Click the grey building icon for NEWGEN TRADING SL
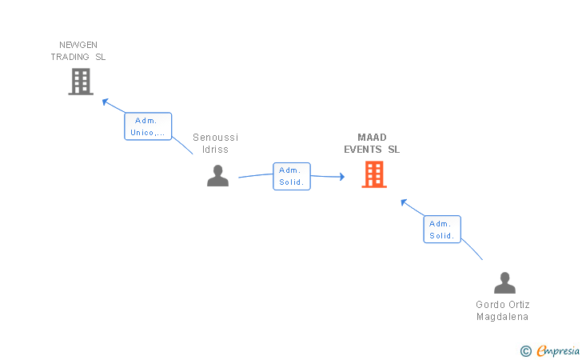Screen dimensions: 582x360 [x=81, y=82]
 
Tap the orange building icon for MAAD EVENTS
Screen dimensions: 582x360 [x=374, y=174]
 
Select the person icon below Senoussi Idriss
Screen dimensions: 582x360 [x=218, y=176]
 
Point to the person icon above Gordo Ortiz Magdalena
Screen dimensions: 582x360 [x=504, y=282]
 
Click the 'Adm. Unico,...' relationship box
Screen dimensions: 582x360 [x=148, y=126]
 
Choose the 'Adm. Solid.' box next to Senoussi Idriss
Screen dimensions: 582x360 [x=292, y=177]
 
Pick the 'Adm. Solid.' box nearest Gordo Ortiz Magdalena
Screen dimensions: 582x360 [x=442, y=230]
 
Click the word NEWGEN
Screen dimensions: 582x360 [x=78, y=45]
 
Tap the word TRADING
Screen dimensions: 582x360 [x=70, y=57]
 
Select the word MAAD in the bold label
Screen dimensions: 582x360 [x=372, y=138]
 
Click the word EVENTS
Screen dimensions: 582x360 [x=363, y=150]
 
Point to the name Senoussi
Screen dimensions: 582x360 [x=215, y=138]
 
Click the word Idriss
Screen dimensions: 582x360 [x=215, y=150]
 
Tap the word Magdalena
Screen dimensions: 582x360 [x=503, y=317]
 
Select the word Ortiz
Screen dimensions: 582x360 [x=519, y=305]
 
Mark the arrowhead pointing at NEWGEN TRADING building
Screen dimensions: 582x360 [x=105, y=102]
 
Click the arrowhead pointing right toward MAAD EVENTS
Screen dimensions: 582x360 [x=342, y=177]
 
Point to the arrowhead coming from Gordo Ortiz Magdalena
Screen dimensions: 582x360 [x=404, y=202]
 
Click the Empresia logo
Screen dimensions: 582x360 [x=550, y=350]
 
